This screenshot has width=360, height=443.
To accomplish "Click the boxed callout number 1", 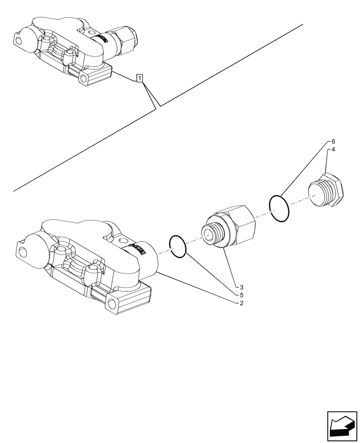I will click(x=140, y=79).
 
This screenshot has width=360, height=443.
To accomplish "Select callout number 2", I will click(x=241, y=303).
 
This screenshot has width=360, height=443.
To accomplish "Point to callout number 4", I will click(x=333, y=150).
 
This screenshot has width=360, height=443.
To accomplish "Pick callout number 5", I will click(x=241, y=295).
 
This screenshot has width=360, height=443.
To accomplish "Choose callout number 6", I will click(x=333, y=141).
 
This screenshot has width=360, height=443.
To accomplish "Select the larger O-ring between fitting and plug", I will click(x=279, y=208).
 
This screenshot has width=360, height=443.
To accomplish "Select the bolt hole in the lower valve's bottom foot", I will click(x=114, y=304).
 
